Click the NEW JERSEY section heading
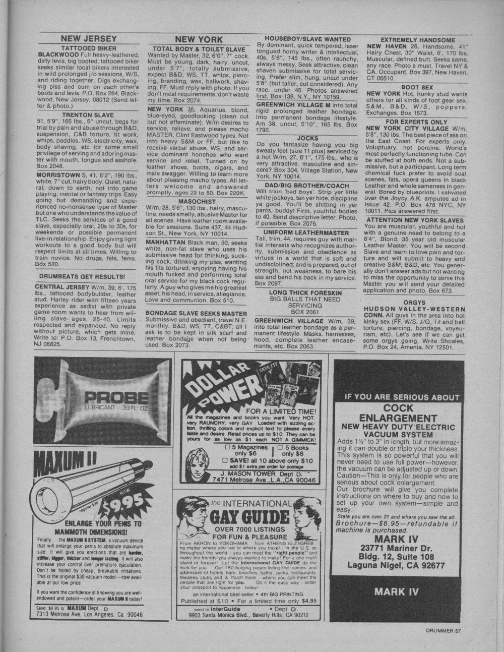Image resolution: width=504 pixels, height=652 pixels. click(88, 39)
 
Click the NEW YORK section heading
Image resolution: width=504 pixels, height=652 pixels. click(199, 39)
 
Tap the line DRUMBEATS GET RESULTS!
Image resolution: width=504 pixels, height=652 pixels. click(82, 276)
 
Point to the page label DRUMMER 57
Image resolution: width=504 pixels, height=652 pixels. click(443, 629)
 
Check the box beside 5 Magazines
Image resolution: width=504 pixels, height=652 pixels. click(227, 447)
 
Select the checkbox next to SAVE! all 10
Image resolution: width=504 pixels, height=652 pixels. click(225, 460)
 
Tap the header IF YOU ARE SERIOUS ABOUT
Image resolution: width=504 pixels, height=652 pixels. click(402, 397)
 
